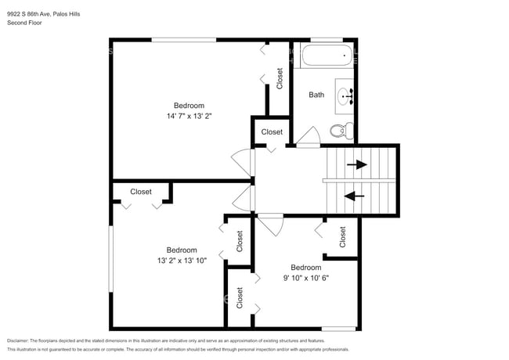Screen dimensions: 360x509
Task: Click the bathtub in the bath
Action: pyautogui.click(x=326, y=56)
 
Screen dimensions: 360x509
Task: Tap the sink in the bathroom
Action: pyautogui.click(x=345, y=96)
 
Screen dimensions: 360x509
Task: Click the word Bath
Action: pyautogui.click(x=316, y=95)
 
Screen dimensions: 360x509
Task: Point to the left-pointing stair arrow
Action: pyautogui.click(x=354, y=196)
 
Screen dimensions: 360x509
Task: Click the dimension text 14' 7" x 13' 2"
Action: pyautogui.click(x=189, y=116)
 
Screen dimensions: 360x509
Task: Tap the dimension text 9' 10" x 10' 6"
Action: pyautogui.click(x=305, y=277)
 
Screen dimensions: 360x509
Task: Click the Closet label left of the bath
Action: pyautogui.click(x=280, y=77)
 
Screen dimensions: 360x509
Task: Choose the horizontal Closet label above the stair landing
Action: pyautogui.click(x=272, y=132)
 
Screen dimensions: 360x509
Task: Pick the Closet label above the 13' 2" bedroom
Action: pyautogui.click(x=141, y=191)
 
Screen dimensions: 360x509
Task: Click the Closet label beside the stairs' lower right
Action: pyautogui.click(x=343, y=237)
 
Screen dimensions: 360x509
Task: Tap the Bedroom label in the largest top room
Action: pyautogui.click(x=189, y=106)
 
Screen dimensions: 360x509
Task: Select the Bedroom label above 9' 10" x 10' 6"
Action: pyautogui.click(x=305, y=267)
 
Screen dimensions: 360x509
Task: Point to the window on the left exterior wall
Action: pyautogui.click(x=110, y=258)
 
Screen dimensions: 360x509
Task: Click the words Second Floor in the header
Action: pyautogui.click(x=24, y=23)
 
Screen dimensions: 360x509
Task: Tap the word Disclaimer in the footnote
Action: pyautogui.click(x=22, y=341)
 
